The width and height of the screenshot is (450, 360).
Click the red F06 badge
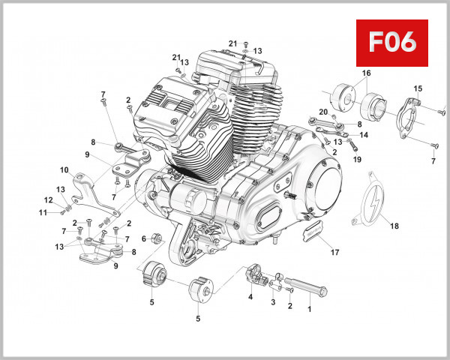[x=391, y=42]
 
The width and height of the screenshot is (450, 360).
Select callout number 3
[x=273, y=302]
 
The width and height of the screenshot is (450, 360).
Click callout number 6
[x=144, y=238]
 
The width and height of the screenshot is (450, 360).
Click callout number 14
[x=364, y=135]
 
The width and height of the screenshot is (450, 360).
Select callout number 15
[x=418, y=88]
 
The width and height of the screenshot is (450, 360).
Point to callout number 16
[x=367, y=73]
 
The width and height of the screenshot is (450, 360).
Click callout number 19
[x=357, y=160]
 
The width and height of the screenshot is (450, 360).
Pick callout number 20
[x=324, y=112]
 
